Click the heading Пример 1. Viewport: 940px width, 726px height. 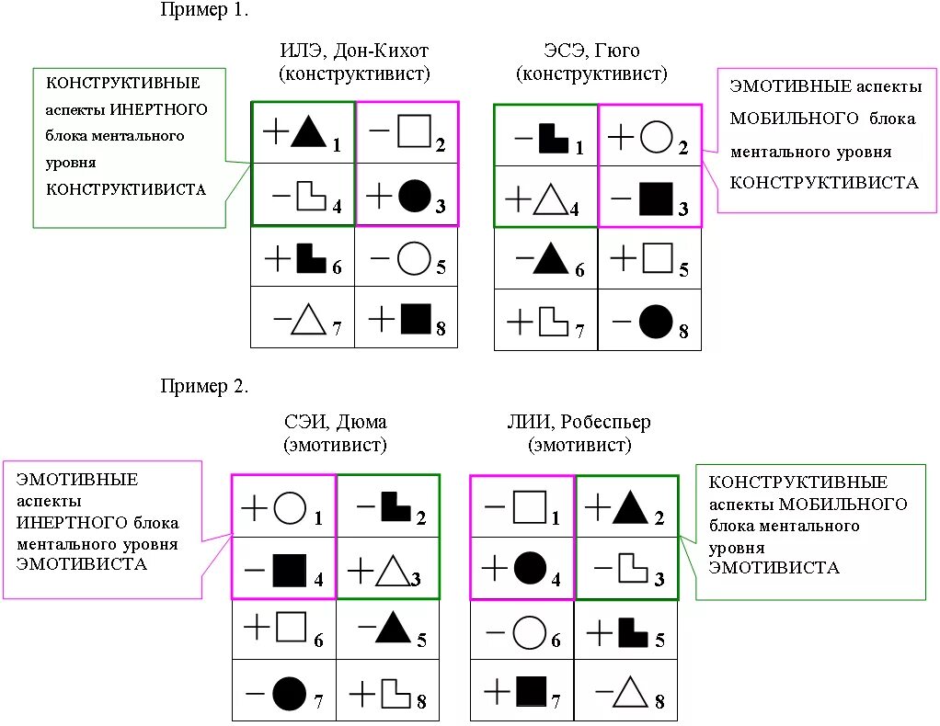tap(204, 10)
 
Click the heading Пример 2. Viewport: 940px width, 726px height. tap(204, 386)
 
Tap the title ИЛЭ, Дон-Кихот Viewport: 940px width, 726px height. tap(354, 50)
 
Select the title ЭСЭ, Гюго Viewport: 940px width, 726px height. tap(591, 50)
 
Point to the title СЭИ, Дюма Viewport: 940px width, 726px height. tap(335, 423)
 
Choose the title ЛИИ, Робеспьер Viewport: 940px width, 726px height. tap(579, 423)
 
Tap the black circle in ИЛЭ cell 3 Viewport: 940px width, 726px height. tap(414, 196)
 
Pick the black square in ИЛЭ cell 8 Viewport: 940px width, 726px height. tap(416, 319)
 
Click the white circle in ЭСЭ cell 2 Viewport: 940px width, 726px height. tap(655, 138)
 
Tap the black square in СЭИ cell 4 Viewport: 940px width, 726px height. tap(289, 571)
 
